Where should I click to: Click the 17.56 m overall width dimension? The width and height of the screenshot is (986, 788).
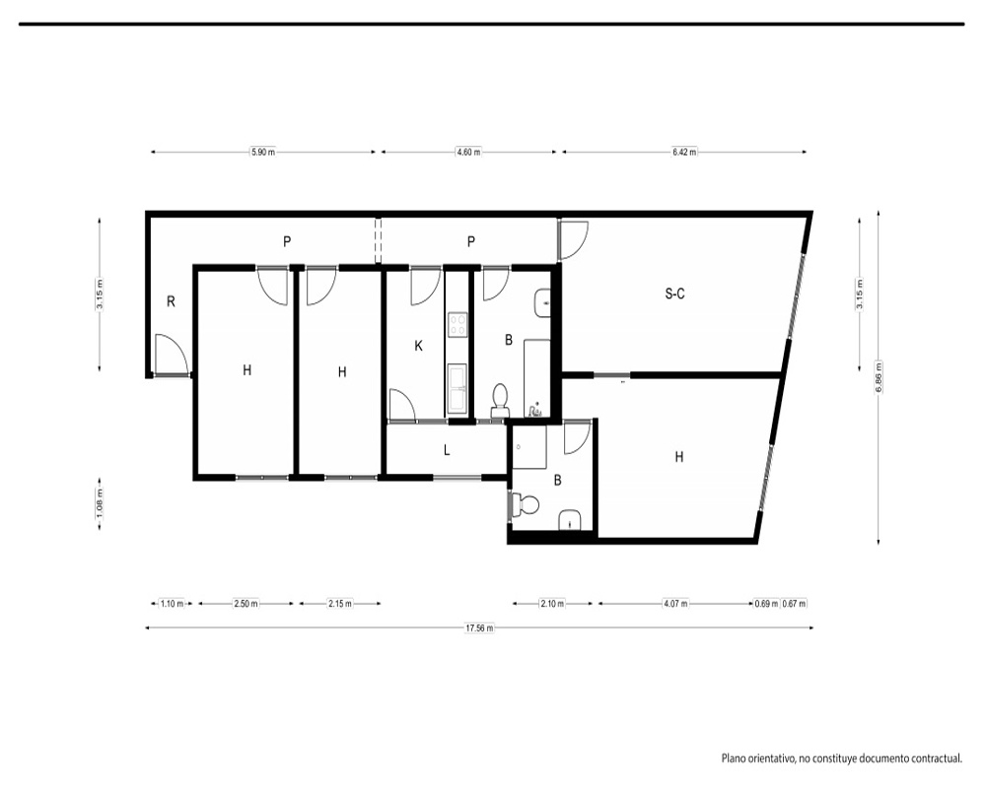tap(479, 627)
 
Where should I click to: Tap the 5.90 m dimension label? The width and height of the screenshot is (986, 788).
tap(263, 152)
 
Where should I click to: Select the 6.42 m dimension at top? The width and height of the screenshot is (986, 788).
tap(684, 152)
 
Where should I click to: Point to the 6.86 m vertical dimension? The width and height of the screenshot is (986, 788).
tap(879, 377)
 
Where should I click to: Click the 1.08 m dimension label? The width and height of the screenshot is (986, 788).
tap(100, 504)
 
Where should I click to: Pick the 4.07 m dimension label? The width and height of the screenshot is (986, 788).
tap(675, 603)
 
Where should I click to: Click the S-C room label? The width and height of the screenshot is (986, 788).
tap(674, 294)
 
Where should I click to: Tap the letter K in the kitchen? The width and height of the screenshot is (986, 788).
tap(418, 346)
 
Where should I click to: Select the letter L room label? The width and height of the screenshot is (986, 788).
tap(447, 450)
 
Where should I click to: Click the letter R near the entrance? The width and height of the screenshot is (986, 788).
tap(171, 301)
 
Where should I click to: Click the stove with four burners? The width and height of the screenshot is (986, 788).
tap(458, 324)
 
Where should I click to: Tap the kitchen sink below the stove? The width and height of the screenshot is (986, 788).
tap(458, 389)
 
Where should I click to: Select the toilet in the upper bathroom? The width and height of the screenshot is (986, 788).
tap(500, 400)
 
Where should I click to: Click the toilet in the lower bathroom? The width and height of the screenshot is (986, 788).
tap(527, 504)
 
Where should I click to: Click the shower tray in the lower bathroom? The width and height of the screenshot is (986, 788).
tap(529, 447)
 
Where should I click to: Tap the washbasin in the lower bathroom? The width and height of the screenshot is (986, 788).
tap(570, 520)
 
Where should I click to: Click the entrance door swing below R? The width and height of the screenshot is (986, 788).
tap(171, 355)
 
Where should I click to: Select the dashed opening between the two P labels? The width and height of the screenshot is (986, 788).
tap(378, 241)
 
